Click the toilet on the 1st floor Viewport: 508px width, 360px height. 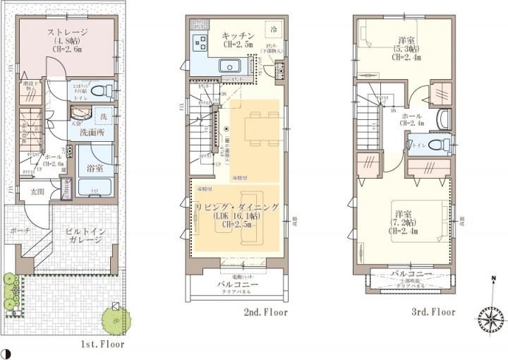103,90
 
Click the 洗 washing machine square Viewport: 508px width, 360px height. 104,115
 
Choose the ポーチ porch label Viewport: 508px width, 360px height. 20,231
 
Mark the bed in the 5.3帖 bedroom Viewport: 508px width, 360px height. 373,32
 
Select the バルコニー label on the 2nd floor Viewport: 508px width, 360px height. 237,284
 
